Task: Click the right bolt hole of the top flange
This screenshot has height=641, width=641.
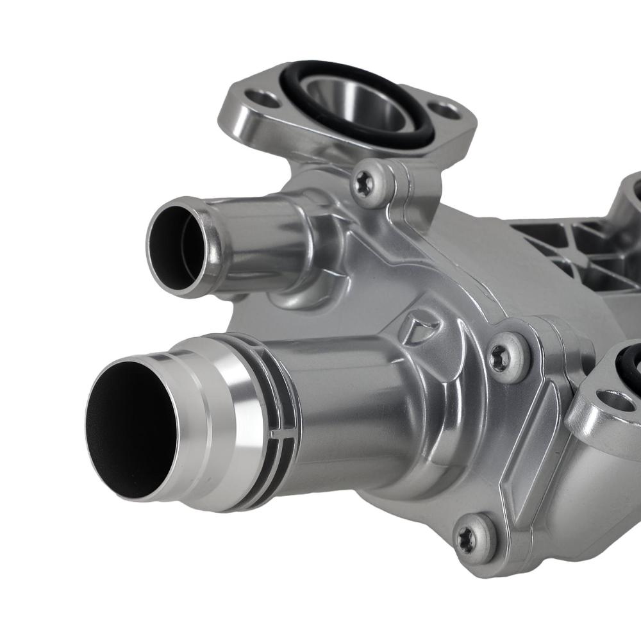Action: pyautogui.click(x=447, y=111)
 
